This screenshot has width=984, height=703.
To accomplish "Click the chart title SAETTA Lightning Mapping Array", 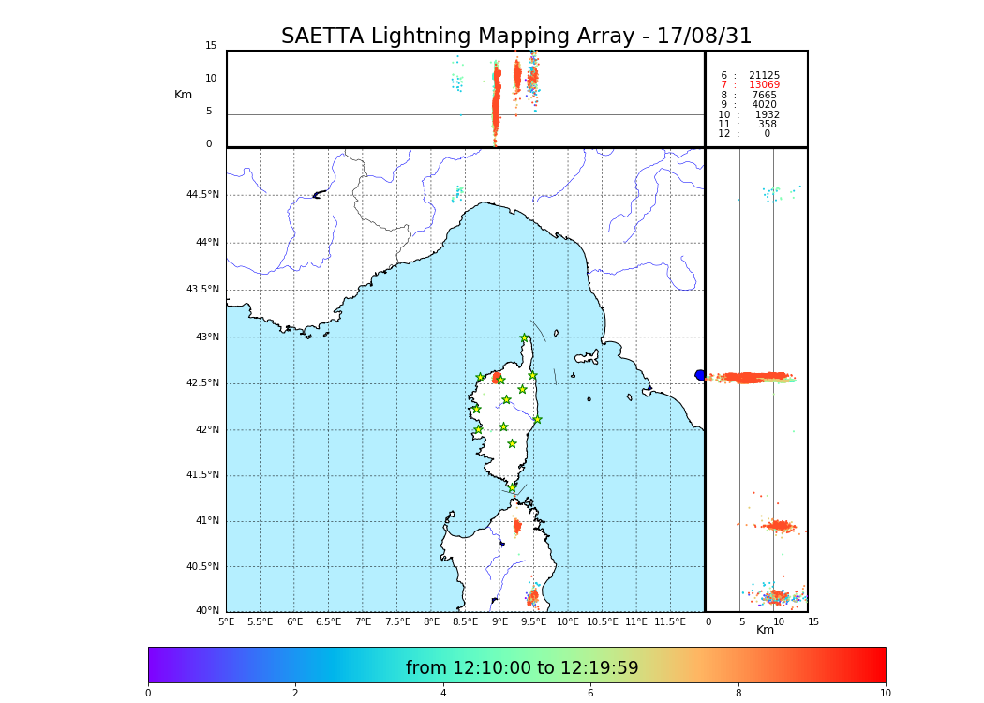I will click(516, 37).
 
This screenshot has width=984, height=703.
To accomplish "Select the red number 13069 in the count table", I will click(764, 85).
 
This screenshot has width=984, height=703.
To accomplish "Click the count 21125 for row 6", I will click(764, 76).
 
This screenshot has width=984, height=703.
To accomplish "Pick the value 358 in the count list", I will click(767, 125).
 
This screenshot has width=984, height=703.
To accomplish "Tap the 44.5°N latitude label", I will click(202, 195).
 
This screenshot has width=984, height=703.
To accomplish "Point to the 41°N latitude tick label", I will click(207, 521).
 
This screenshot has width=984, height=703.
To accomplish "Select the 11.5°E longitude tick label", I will click(668, 621).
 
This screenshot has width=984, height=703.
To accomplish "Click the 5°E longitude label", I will click(226, 621).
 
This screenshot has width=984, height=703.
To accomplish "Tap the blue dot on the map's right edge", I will click(700, 375).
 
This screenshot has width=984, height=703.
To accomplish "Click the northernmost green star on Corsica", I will click(525, 338).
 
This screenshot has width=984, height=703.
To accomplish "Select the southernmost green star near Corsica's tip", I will click(513, 488).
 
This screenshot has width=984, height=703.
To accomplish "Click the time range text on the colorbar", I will click(522, 668).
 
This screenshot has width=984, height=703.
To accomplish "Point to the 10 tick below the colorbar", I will click(885, 694).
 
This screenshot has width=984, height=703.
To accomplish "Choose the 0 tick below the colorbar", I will click(148, 694).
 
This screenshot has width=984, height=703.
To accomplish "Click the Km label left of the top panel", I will click(184, 95).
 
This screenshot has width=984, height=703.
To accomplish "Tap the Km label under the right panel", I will click(765, 630).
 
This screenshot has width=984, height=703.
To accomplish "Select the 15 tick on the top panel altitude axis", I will click(211, 46).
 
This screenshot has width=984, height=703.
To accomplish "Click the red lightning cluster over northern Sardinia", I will click(516, 527).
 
